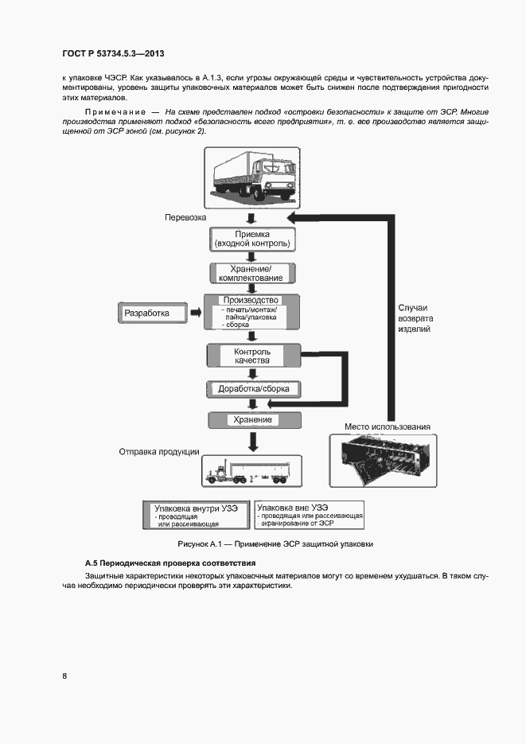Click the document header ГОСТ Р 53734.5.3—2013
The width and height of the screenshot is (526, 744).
coord(112,54)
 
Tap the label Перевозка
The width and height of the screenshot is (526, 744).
coord(185,217)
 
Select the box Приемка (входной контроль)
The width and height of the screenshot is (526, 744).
coord(252,239)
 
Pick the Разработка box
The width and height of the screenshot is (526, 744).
coord(150,314)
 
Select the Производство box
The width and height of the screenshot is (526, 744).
coord(251,312)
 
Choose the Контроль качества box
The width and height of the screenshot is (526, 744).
coord(251,356)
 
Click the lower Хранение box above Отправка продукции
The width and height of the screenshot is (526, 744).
coord(252,419)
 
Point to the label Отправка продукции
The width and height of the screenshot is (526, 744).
coord(158,452)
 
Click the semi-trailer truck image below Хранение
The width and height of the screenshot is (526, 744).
coord(251,471)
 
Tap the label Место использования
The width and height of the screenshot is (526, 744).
coord(387,427)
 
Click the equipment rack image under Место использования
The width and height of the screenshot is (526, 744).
coord(384,461)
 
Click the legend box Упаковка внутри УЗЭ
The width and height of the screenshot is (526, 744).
coord(195,514)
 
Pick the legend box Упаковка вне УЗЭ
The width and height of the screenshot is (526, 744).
coord(308,514)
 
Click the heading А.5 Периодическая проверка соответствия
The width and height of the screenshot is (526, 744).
coord(170,563)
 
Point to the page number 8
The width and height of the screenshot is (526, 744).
coord(65,676)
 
